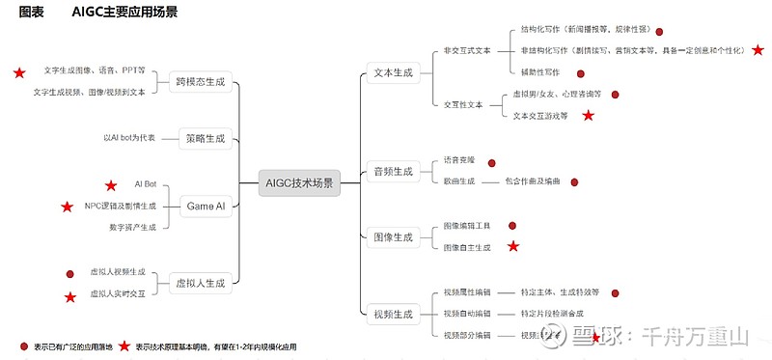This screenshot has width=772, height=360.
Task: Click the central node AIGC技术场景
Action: tap(299, 182)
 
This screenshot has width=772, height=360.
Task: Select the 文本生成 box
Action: tap(393, 73)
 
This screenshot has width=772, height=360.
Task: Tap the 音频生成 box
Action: tap(393, 172)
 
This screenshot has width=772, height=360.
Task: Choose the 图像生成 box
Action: tap(393, 236)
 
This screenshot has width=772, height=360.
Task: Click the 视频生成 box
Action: tap(393, 314)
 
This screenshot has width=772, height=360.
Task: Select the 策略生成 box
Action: tap(206, 139)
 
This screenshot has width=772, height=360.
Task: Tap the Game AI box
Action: tap(206, 206)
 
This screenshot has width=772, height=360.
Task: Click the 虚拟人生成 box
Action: tap(200, 284)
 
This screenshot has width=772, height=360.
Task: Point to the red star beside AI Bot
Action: tap(110, 185)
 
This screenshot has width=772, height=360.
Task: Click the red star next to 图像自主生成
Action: tap(513, 247)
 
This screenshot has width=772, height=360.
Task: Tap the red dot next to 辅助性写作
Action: tap(580, 73)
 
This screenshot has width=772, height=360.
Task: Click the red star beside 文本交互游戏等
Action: tap(588, 116)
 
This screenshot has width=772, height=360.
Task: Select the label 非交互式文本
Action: tap(467, 50)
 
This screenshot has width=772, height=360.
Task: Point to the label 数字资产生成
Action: tap(132, 228)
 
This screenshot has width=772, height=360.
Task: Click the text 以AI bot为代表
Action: tap(129, 139)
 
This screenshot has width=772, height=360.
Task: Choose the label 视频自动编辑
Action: tap(467, 314)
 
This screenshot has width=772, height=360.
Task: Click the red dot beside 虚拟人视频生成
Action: tap(69, 273)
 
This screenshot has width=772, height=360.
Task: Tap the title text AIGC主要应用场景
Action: tap(124, 12)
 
